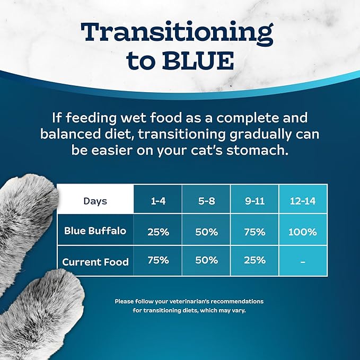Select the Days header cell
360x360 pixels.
click(x=95, y=201)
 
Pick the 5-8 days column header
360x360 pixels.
click(x=206, y=201)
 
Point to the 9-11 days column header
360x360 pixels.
click(x=254, y=201)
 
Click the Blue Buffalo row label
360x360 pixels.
click(x=95, y=231)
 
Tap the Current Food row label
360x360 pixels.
click(x=95, y=261)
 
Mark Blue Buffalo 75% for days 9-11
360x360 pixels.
click(x=254, y=232)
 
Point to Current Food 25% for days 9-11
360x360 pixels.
click(x=254, y=260)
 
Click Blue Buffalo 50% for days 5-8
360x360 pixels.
click(x=206, y=232)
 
